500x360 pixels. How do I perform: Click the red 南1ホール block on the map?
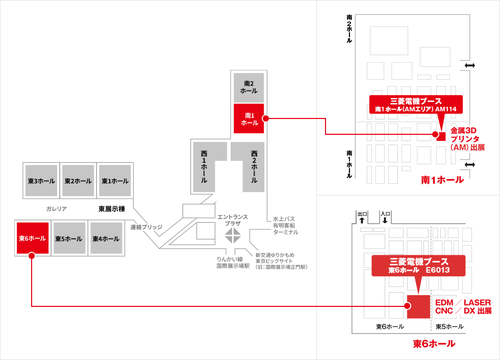(x=249, y=118)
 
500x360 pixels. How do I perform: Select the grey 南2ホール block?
(x=249, y=87)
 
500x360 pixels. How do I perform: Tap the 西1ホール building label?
(x=204, y=166)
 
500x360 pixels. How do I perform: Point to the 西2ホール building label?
(x=254, y=166)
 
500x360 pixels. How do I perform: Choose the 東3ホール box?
(x=41, y=181)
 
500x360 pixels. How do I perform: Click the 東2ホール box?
(x=78, y=181)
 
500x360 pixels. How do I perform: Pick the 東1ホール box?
(x=115, y=181)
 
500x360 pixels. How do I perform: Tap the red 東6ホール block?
(x=33, y=238)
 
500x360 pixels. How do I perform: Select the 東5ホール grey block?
(x=69, y=238)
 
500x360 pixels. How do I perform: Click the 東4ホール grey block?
(x=106, y=238)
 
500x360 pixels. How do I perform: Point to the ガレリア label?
(x=56, y=209)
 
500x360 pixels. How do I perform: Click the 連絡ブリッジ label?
(x=146, y=227)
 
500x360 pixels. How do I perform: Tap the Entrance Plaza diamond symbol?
(x=233, y=235)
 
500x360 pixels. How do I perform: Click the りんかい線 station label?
(x=233, y=262)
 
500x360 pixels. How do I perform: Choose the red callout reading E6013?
(x=419, y=266)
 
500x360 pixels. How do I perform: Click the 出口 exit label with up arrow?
(x=362, y=217)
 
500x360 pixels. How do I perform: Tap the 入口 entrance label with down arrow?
(x=385, y=217)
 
